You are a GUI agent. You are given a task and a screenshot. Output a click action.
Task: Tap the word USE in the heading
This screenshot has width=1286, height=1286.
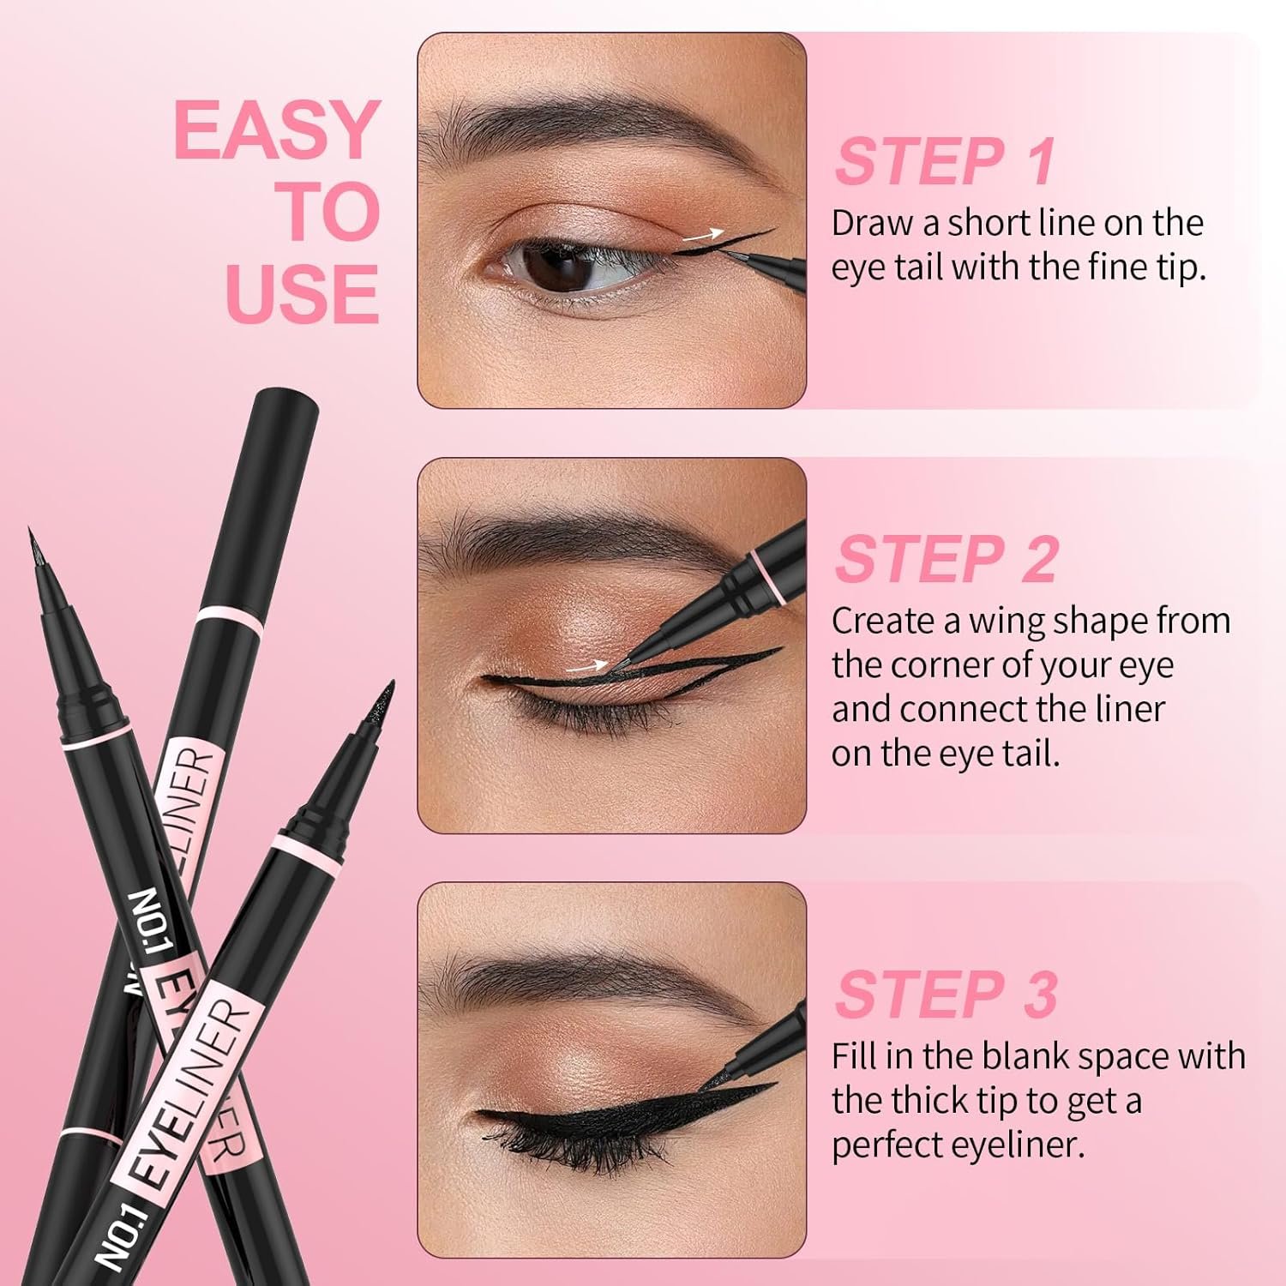click(x=302, y=293)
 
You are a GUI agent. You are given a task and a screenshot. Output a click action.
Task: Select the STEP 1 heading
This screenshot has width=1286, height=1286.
click(x=945, y=161)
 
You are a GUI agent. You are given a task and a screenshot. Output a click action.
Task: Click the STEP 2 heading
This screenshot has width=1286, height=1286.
click(x=946, y=559)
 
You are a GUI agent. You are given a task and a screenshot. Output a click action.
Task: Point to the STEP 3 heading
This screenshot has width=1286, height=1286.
click(x=946, y=995)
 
